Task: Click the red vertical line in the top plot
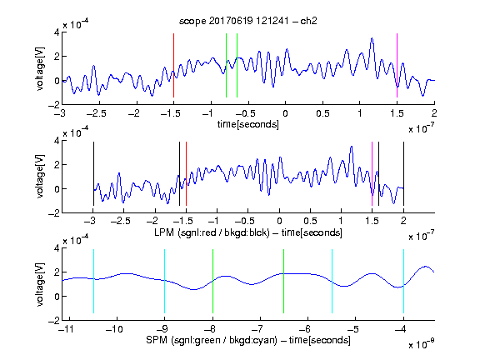click(x=173, y=66)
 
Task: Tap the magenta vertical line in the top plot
click(x=397, y=66)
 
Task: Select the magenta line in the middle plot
click(x=372, y=173)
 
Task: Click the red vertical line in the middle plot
click(x=186, y=173)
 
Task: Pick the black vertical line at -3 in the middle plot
click(x=93, y=173)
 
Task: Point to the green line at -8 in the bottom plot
click(x=212, y=282)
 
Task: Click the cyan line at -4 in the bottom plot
click(x=403, y=282)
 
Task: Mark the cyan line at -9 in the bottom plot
click(x=165, y=282)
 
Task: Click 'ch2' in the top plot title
click(x=308, y=21)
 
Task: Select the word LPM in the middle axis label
click(x=164, y=232)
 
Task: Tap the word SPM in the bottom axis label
click(x=156, y=340)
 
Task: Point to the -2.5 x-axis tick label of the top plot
click(x=97, y=113)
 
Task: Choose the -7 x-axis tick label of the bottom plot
click(x=259, y=329)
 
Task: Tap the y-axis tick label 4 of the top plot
click(x=57, y=32)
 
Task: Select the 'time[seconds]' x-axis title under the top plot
click(x=248, y=124)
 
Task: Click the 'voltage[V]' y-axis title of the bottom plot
click(x=40, y=284)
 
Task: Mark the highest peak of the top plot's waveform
click(x=372, y=38)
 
